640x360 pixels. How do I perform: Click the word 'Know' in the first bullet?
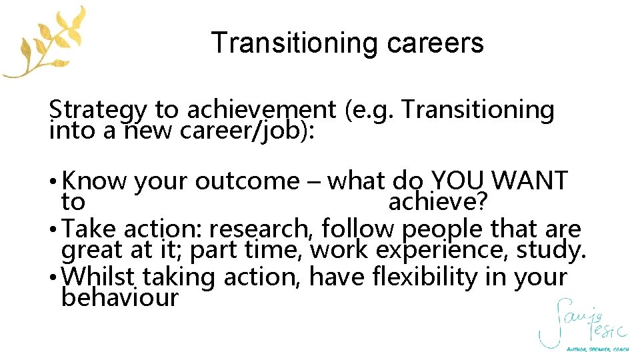click(96, 180)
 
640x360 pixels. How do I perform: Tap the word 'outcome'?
click(247, 180)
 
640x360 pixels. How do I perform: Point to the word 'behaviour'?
click(120, 297)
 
